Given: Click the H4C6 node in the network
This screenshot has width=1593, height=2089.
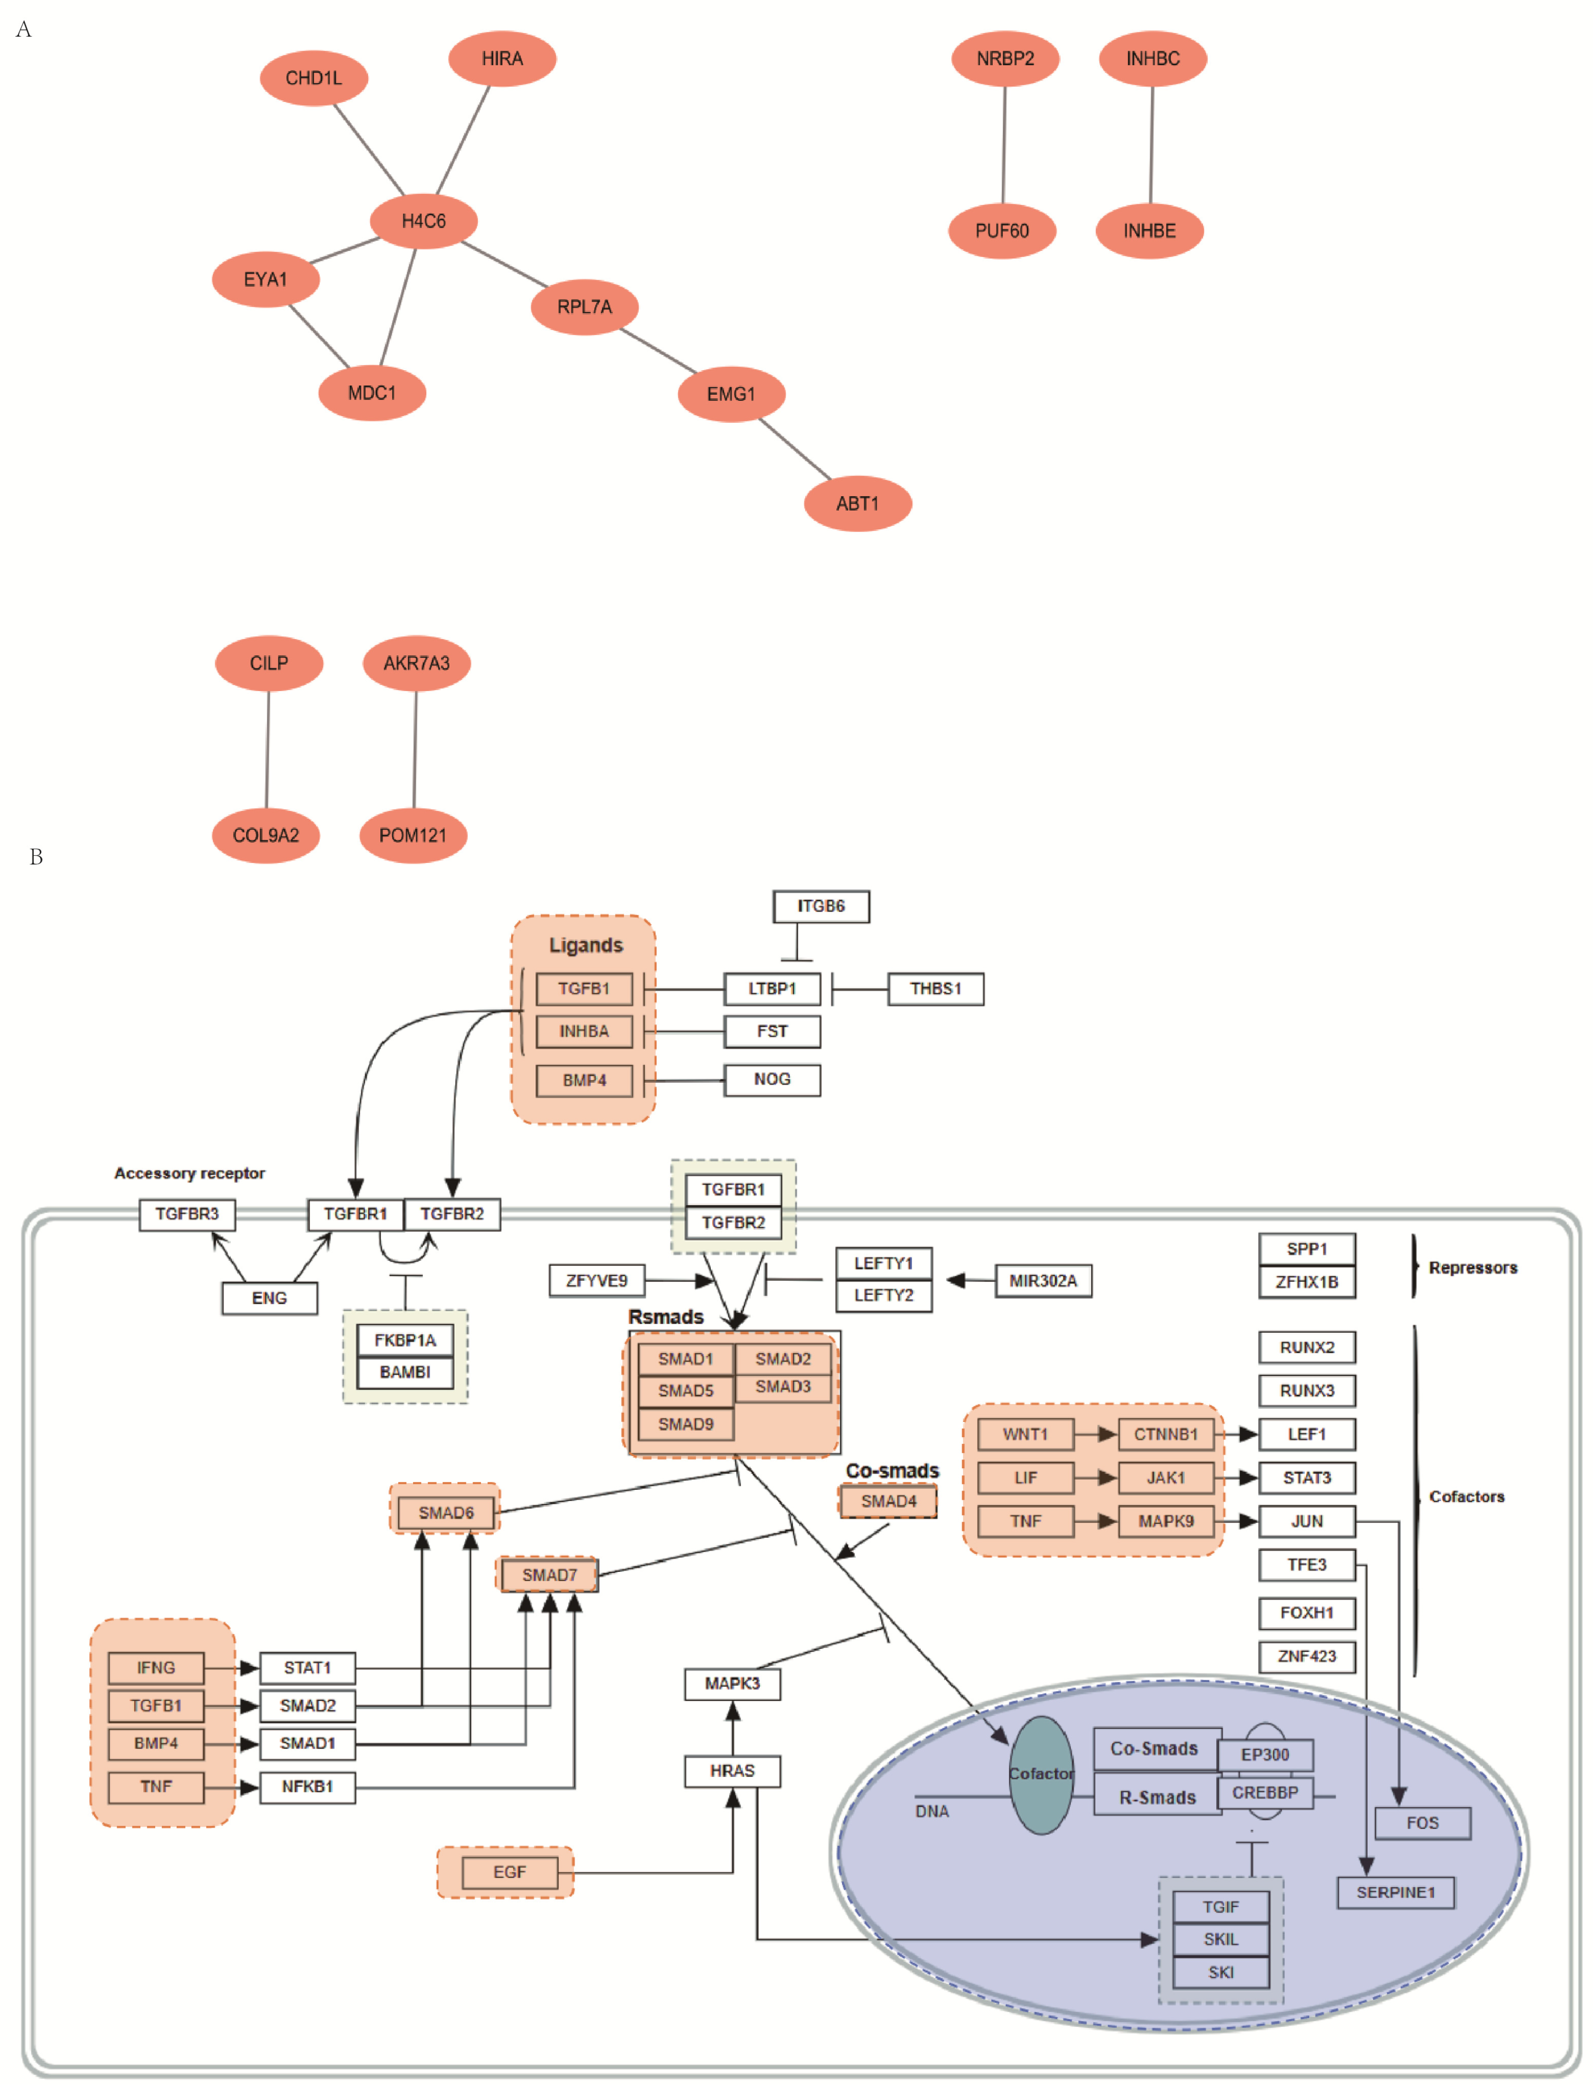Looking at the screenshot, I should coord(423,221).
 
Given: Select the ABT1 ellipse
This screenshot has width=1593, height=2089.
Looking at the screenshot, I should coord(857,504).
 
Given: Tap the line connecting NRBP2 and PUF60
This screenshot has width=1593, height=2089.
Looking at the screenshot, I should coord(1004,144).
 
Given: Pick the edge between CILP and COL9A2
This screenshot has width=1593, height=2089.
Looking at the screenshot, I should coord(268,749).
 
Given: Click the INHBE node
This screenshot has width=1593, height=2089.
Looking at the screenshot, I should coord(1149,230).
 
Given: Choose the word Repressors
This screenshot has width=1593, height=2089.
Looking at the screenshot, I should coord(1473,1268).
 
